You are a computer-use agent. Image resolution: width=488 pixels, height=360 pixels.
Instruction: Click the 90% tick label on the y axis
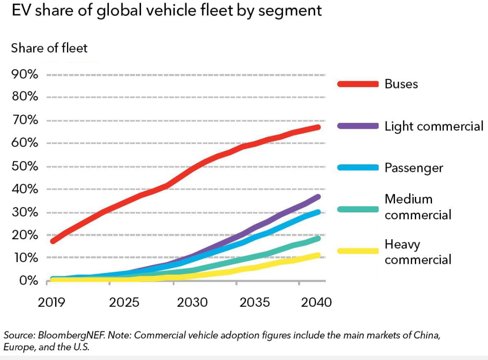(25, 74)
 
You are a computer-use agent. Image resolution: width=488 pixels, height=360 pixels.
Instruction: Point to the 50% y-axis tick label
(25, 167)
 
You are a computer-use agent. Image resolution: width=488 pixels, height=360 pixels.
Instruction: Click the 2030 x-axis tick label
(192, 302)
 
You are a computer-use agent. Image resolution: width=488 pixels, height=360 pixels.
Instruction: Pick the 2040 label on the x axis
(316, 302)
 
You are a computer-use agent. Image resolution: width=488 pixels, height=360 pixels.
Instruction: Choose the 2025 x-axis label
(124, 302)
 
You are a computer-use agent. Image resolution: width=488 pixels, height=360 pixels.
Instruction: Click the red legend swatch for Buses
(358, 84)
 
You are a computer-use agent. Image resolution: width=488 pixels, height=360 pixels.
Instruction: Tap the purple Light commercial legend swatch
(358, 126)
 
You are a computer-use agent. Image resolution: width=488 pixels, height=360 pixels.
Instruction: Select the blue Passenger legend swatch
(358, 167)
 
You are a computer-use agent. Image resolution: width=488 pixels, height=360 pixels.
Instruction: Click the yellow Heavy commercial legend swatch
(358, 251)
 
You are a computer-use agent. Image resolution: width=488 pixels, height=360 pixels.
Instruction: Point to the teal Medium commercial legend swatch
(358, 209)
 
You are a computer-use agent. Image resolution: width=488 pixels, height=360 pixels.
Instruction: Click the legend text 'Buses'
(401, 84)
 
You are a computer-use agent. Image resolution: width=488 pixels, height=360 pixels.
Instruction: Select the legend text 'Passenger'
(413, 168)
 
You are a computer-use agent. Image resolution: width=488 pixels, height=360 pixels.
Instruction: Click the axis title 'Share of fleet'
(49, 48)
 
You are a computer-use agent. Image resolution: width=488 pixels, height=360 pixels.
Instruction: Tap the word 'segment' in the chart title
(290, 11)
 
